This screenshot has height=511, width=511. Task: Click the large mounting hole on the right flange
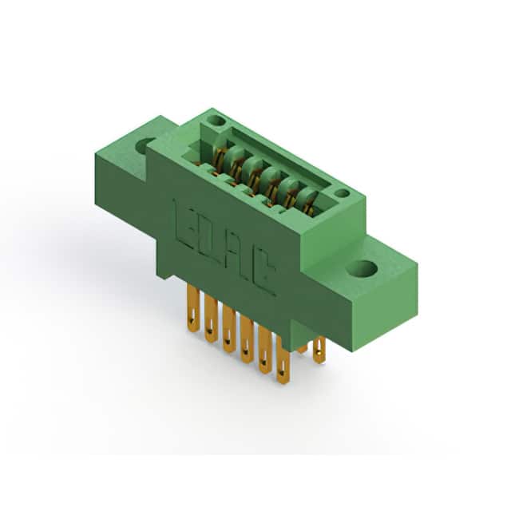pyautogui.click(x=362, y=269)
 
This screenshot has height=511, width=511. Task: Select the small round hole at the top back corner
pyautogui.click(x=216, y=121)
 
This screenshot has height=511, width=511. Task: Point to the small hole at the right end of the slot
pyautogui.click(x=343, y=193)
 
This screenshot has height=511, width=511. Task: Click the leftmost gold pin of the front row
pyautogui.click(x=193, y=308)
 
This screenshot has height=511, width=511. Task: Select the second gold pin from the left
pyautogui.click(x=211, y=318)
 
